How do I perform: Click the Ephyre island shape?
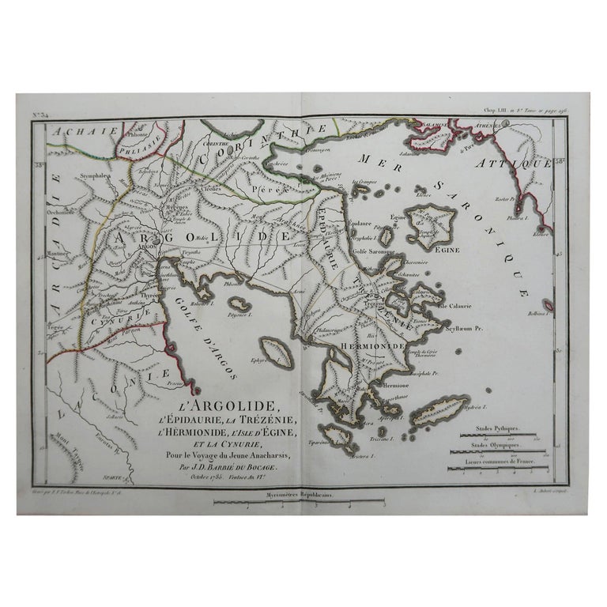tap(276, 351)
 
